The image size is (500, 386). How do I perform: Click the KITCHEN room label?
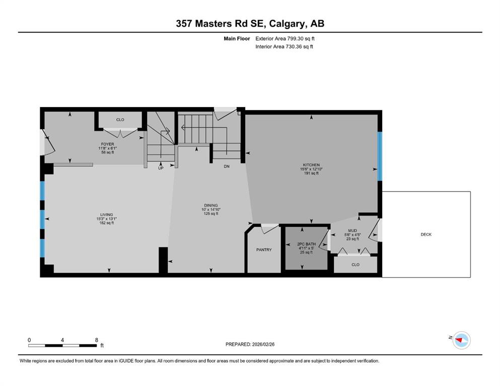tap(311, 165)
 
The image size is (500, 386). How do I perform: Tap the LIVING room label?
tap(107, 215)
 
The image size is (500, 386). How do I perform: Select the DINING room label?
tap(211, 206)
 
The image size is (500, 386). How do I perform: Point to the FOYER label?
tap(107, 144)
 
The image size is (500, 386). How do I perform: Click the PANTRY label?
tap(264, 250)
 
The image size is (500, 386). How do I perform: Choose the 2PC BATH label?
tap(306, 244)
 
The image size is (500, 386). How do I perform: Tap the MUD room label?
tap(352, 231)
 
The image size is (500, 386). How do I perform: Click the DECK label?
tap(426, 235)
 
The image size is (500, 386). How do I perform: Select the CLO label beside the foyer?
tap(120, 120)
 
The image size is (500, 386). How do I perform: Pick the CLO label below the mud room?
tap(355, 265)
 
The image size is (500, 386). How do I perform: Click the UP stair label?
tap(161, 168)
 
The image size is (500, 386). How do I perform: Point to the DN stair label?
tap(227, 166)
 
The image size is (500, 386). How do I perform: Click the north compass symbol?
tap(461, 340)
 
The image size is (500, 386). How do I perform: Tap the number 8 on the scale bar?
tap(97, 340)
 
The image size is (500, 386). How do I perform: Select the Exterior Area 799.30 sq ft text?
tap(285, 39)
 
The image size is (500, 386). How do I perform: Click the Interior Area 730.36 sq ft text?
tap(284, 46)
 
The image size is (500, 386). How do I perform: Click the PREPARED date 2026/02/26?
tap(263, 344)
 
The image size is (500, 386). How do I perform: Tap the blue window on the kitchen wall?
tap(380, 156)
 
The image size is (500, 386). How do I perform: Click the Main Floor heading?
tap(237, 39)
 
